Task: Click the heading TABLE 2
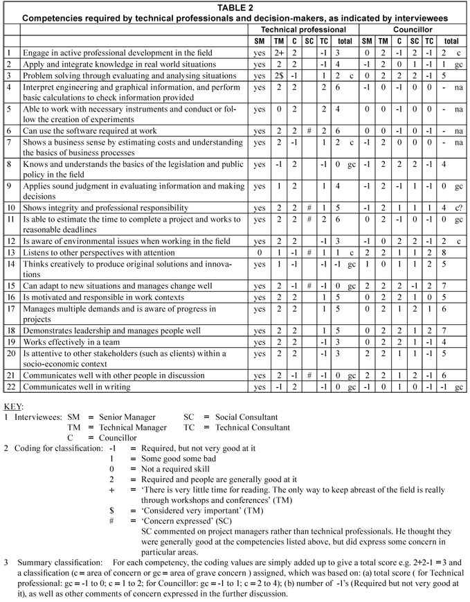234,6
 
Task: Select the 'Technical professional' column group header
303,30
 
